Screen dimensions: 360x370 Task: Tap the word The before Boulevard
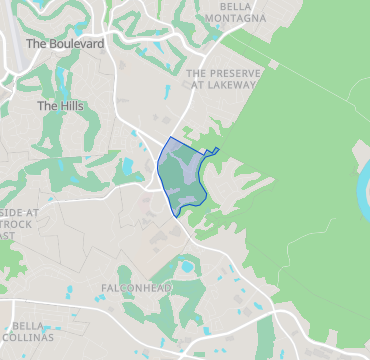click(37, 44)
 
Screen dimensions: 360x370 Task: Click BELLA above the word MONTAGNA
click(234, 6)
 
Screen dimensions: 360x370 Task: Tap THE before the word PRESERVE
click(196, 73)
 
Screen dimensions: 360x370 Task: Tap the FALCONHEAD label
click(136, 288)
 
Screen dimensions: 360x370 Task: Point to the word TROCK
click(18, 224)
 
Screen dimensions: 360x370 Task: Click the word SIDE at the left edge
click(12, 212)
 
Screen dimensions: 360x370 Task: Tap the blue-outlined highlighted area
click(180, 175)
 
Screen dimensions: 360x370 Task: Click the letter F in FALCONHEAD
click(105, 288)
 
